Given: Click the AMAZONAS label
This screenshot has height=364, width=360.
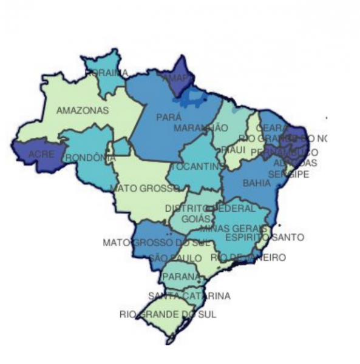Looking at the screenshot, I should [83, 111].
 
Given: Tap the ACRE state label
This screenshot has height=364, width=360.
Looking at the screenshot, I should [41, 155].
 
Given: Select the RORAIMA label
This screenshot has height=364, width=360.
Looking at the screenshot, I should [107, 73].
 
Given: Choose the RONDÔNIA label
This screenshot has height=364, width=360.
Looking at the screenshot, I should [89, 157].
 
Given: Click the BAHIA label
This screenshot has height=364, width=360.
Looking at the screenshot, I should [256, 182].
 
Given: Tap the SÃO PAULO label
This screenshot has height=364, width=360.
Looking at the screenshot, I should [175, 258].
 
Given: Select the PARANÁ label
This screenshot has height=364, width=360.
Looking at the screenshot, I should [180, 277].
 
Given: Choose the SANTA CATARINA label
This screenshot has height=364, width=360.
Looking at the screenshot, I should [189, 296].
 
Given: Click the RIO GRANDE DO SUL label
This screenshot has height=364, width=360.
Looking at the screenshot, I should [167, 315].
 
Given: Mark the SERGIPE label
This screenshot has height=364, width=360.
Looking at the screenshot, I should [289, 174].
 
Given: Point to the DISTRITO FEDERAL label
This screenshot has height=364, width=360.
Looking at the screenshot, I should [210, 208].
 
